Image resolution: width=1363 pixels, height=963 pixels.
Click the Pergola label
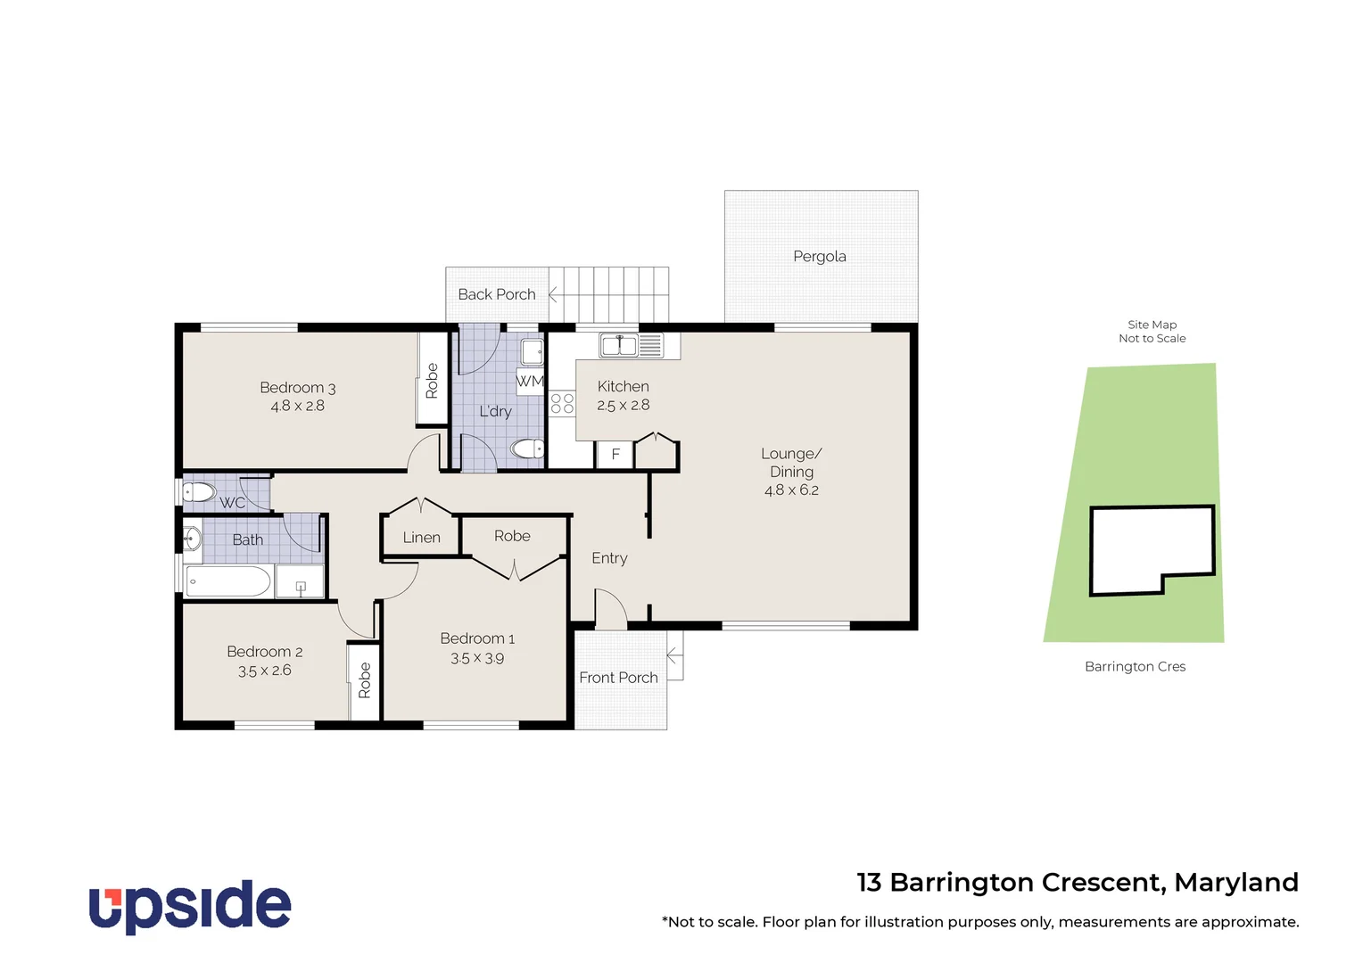819,257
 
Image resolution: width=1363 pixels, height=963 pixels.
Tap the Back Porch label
496,294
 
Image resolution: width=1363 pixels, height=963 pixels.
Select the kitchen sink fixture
630,345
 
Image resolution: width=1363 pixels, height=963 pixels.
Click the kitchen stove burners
562,403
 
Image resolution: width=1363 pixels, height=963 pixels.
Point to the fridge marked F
615,454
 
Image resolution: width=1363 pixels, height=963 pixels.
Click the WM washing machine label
529,381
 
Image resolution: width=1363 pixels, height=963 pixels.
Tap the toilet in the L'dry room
528,449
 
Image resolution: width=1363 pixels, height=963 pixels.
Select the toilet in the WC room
199,492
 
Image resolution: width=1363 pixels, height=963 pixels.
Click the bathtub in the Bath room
228,581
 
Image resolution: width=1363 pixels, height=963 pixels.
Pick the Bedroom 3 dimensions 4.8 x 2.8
297,406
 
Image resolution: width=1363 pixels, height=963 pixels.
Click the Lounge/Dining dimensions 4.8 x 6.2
790,490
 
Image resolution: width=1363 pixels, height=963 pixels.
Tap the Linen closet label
421,538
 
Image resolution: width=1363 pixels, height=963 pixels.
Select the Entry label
609,558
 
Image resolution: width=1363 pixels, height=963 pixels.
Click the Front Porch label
618,678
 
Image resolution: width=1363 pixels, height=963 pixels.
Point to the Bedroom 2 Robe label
364,680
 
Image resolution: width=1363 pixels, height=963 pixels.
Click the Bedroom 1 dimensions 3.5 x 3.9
476,658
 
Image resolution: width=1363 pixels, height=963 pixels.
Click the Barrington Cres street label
1135,667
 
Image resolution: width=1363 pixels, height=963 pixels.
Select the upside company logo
190,907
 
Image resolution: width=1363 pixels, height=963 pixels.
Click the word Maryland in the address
1235,882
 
